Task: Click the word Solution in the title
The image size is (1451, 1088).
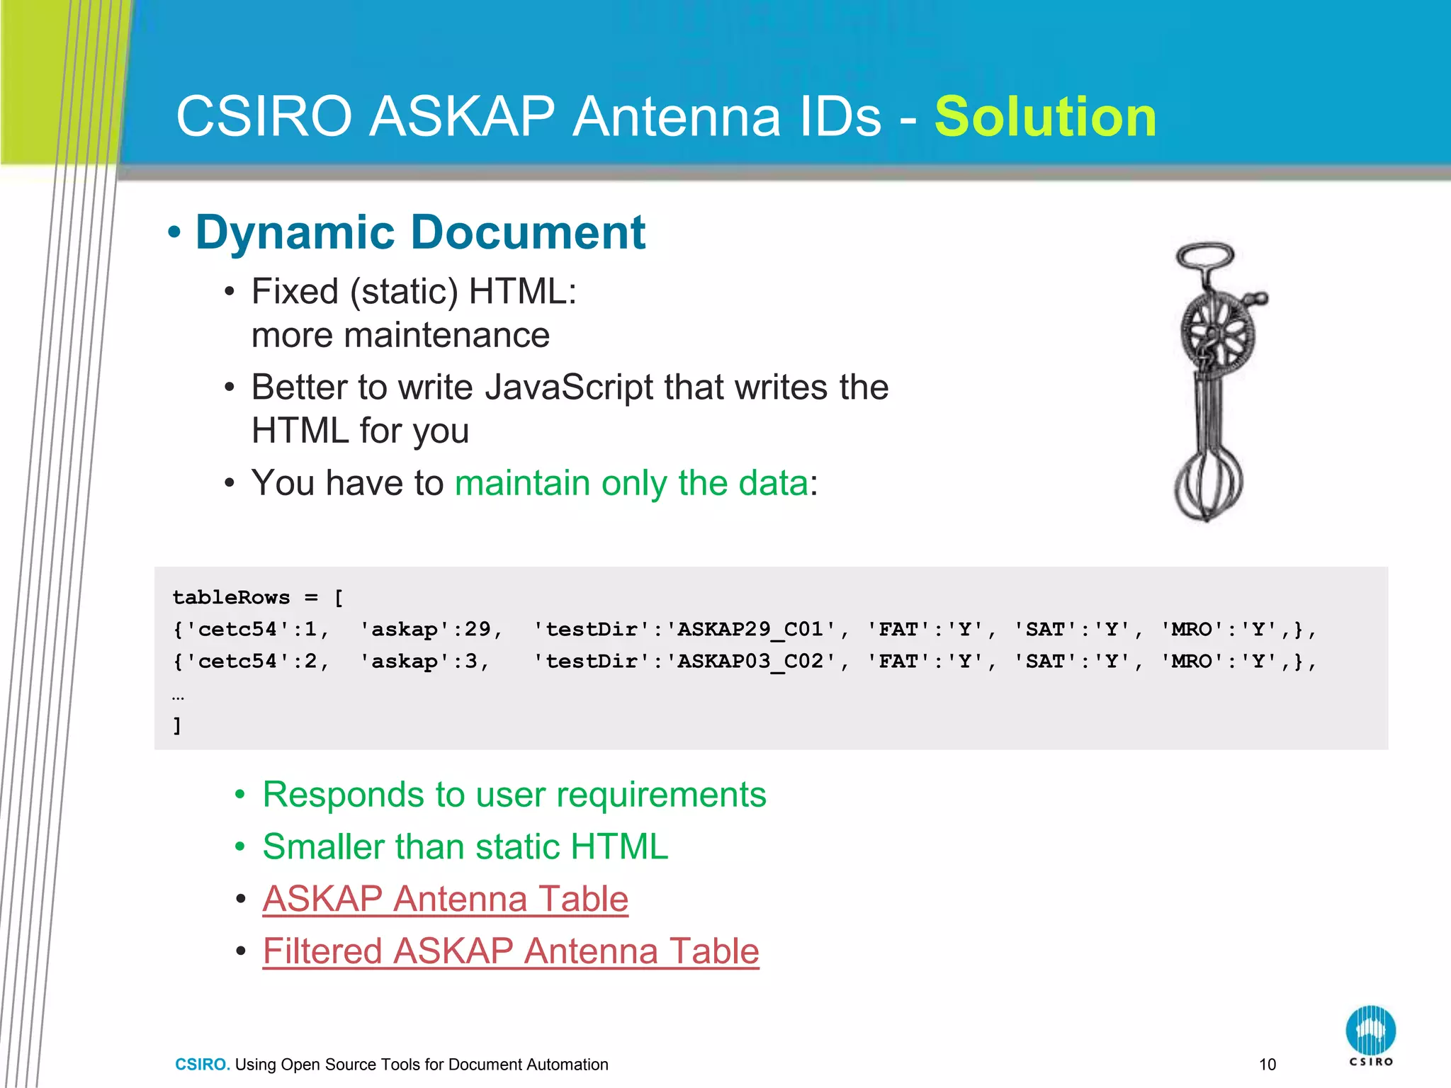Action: click(x=1045, y=117)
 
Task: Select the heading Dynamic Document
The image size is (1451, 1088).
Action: click(x=419, y=232)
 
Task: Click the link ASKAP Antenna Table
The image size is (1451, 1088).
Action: click(x=445, y=899)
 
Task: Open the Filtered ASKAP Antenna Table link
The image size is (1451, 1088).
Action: click(x=510, y=951)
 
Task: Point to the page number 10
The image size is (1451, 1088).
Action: click(x=1267, y=1064)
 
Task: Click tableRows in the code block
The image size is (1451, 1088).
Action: click(x=231, y=597)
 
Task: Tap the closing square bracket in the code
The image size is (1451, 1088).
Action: click(x=177, y=725)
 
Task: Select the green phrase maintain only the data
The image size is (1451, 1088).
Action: click(x=631, y=483)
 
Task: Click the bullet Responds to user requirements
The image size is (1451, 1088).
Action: click(x=514, y=795)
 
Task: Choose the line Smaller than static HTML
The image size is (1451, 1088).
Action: click(x=465, y=846)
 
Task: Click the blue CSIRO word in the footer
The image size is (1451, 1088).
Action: click(x=202, y=1064)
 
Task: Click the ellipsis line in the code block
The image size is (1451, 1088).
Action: click(x=178, y=696)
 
